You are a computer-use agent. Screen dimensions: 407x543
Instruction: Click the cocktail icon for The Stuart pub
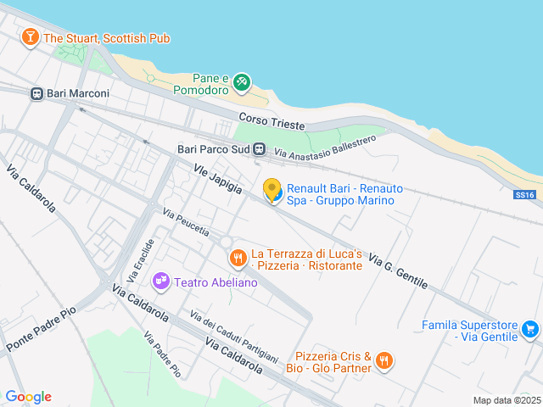click(x=31, y=37)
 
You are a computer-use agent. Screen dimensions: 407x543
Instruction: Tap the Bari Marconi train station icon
click(x=36, y=93)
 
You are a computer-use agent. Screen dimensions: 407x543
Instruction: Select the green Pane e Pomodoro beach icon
click(x=242, y=81)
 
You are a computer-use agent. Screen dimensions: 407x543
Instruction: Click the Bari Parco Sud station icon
click(x=259, y=148)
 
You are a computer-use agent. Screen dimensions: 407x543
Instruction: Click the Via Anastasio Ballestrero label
click(x=325, y=146)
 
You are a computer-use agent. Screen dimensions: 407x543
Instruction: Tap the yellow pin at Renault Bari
click(x=272, y=190)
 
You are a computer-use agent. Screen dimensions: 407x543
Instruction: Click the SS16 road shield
click(x=526, y=195)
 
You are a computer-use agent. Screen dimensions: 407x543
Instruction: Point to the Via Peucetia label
click(x=185, y=222)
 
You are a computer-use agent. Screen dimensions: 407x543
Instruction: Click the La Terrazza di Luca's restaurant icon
click(x=238, y=256)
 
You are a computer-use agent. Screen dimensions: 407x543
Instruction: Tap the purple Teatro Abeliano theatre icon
click(x=160, y=281)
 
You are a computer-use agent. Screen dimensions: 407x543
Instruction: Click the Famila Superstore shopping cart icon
click(x=530, y=329)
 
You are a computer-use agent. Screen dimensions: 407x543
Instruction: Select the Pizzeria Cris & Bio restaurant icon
click(x=384, y=361)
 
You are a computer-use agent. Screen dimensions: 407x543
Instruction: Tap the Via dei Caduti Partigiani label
click(x=234, y=337)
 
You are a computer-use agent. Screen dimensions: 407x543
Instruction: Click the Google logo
click(x=28, y=396)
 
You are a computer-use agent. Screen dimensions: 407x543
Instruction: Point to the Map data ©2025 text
click(x=506, y=400)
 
